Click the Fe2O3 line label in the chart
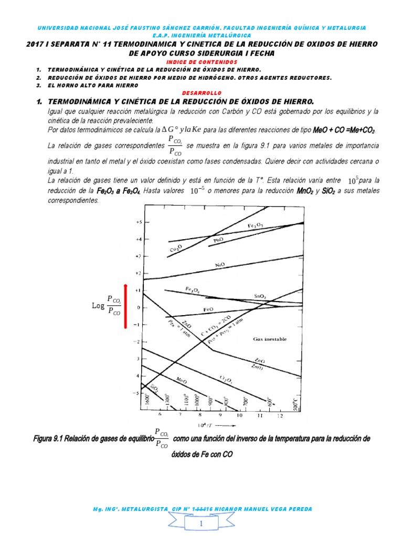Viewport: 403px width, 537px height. [255, 226]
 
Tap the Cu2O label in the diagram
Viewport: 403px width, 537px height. [176, 247]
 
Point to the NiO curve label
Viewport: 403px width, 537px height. [220, 265]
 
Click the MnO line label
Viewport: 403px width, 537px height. [182, 380]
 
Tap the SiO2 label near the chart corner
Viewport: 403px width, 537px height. [154, 389]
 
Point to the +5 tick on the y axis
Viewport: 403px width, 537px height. [139, 222]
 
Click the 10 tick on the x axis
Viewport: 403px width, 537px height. [239, 415]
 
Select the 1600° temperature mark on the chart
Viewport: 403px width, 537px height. [147, 400]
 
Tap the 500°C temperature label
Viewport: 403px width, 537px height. [296, 401]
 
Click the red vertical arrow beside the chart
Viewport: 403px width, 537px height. [125, 306]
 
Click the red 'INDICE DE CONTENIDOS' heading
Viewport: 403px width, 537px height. [201, 61]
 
